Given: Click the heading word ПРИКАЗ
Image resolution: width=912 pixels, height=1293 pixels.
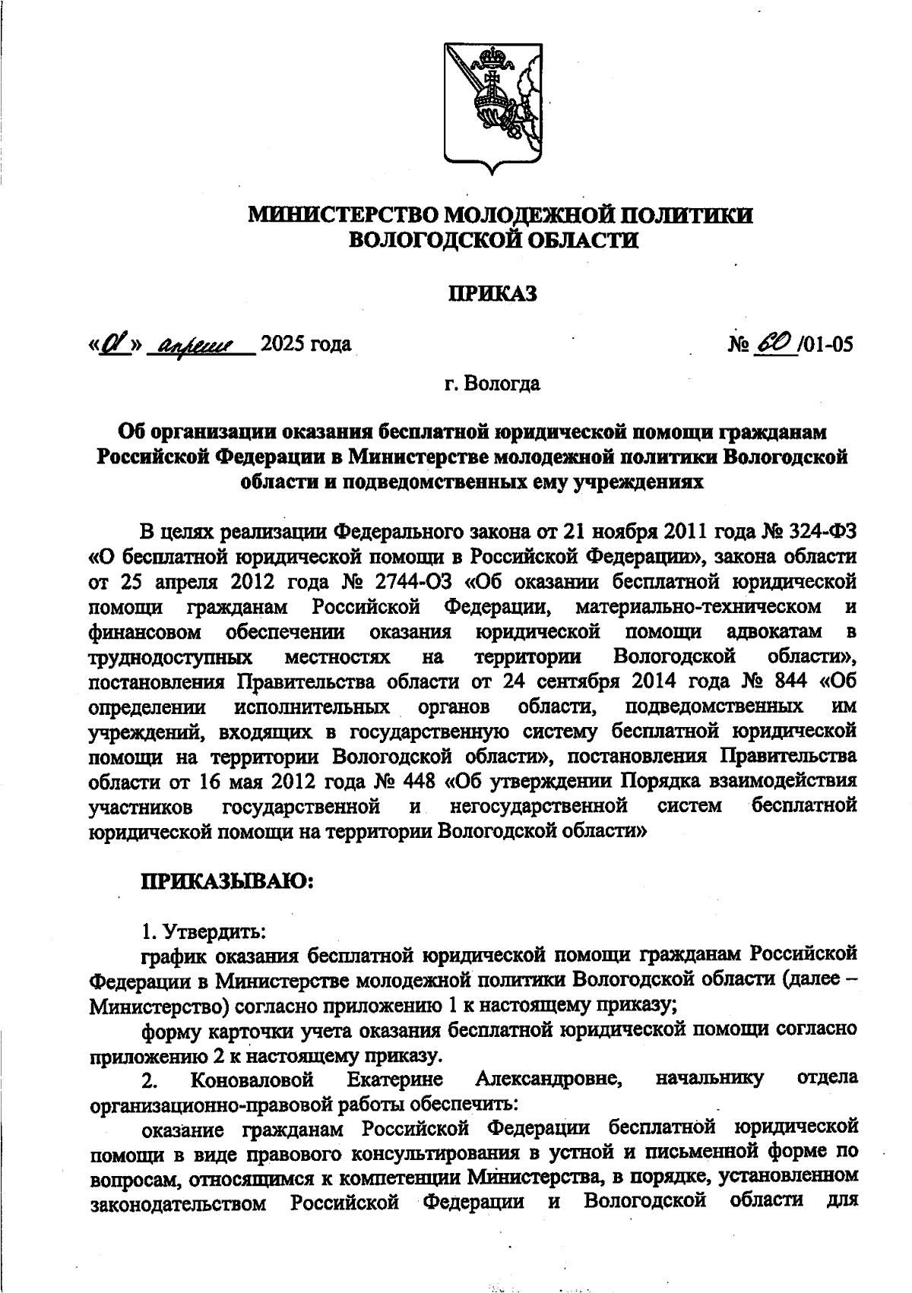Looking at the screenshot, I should tap(491, 292).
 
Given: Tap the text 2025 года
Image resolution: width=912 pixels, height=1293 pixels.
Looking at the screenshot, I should tap(306, 345).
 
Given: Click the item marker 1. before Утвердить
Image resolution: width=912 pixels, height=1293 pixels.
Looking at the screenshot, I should tap(150, 930).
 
